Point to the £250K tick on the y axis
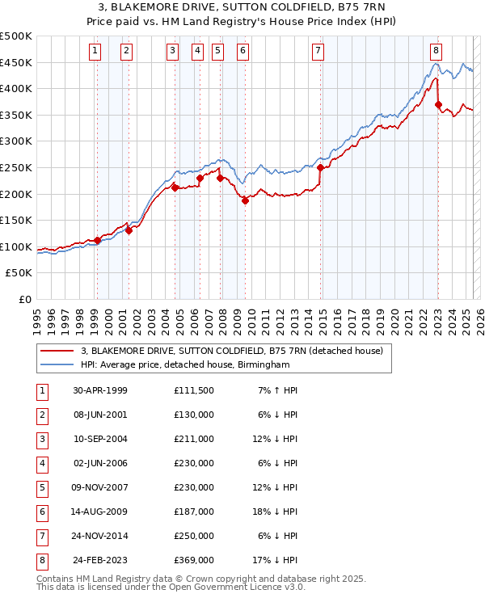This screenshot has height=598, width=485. (x=18, y=167)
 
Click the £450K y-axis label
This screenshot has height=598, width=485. (x=18, y=62)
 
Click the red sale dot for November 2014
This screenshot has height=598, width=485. (x=321, y=168)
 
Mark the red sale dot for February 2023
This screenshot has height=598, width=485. (x=439, y=105)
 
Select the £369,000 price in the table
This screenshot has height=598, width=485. (x=194, y=559)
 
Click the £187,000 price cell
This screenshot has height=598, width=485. (x=194, y=512)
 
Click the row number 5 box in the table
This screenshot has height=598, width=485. (x=40, y=487)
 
